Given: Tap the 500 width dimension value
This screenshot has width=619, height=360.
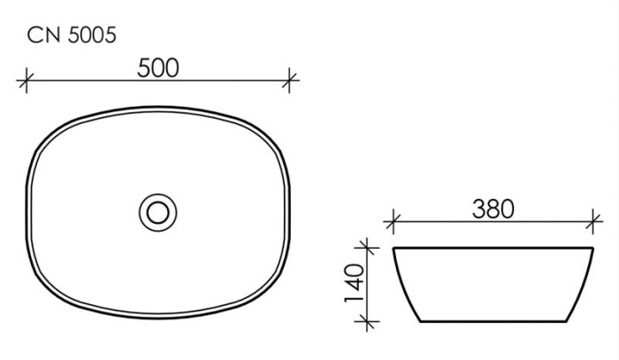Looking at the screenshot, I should click(158, 68).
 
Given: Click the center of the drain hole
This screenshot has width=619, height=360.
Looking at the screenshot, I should click(158, 211).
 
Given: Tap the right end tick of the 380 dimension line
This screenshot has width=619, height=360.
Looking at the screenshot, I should click(593, 221).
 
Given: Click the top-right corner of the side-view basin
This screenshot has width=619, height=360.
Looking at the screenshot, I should click(593, 249).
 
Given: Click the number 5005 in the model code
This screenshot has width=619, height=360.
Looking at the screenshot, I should click(89, 35).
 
